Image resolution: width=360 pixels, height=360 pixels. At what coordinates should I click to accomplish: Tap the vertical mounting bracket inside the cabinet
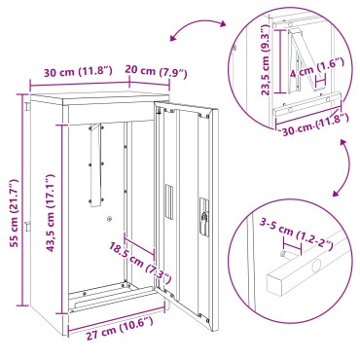click(94, 164)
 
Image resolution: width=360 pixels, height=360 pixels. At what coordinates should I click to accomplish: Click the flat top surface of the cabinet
click(94, 93)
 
